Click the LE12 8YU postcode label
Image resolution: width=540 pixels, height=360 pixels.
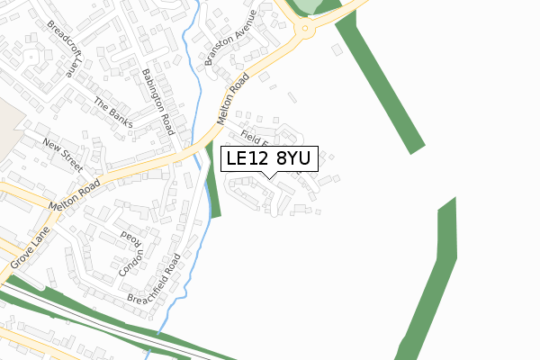click(268, 158)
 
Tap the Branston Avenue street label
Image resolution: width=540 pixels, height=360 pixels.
click(231, 33)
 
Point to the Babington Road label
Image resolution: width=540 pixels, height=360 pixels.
click(157, 102)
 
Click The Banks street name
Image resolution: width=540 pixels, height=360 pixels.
click(113, 112)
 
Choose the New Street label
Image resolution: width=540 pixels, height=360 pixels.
click(61, 156)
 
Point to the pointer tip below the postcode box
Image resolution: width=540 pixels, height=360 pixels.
click(269, 177)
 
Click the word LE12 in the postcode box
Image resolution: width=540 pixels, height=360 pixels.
click(247, 158)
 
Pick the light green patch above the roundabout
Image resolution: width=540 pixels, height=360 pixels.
click(309, 5)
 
